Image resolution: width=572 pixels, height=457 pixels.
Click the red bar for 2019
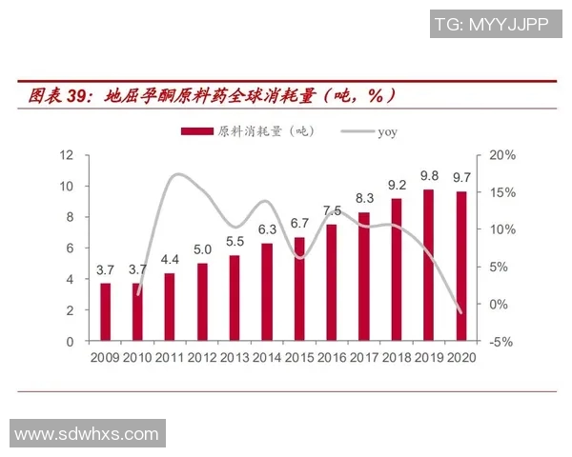pyautogui.click(x=429, y=265)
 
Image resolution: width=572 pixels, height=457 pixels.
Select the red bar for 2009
pyautogui.click(x=106, y=311)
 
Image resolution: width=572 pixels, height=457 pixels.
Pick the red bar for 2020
pyautogui.click(x=461, y=266)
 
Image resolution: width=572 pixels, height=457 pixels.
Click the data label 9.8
pyautogui.click(x=429, y=176)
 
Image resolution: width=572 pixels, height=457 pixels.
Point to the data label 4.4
pyautogui.click(x=170, y=260)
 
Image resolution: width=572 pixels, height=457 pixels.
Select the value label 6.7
pyautogui.click(x=299, y=224)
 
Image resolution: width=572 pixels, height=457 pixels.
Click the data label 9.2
pyautogui.click(x=397, y=185)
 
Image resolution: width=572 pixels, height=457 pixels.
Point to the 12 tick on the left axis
pyautogui.click(x=68, y=155)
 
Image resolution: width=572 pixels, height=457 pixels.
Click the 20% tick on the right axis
pyautogui.click(x=501, y=155)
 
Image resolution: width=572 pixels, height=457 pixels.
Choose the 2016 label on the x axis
pyautogui.click(x=332, y=358)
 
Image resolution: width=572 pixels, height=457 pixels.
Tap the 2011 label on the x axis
pyautogui.click(x=170, y=358)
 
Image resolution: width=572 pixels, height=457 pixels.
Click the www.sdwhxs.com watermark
pyautogui.click(x=87, y=434)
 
